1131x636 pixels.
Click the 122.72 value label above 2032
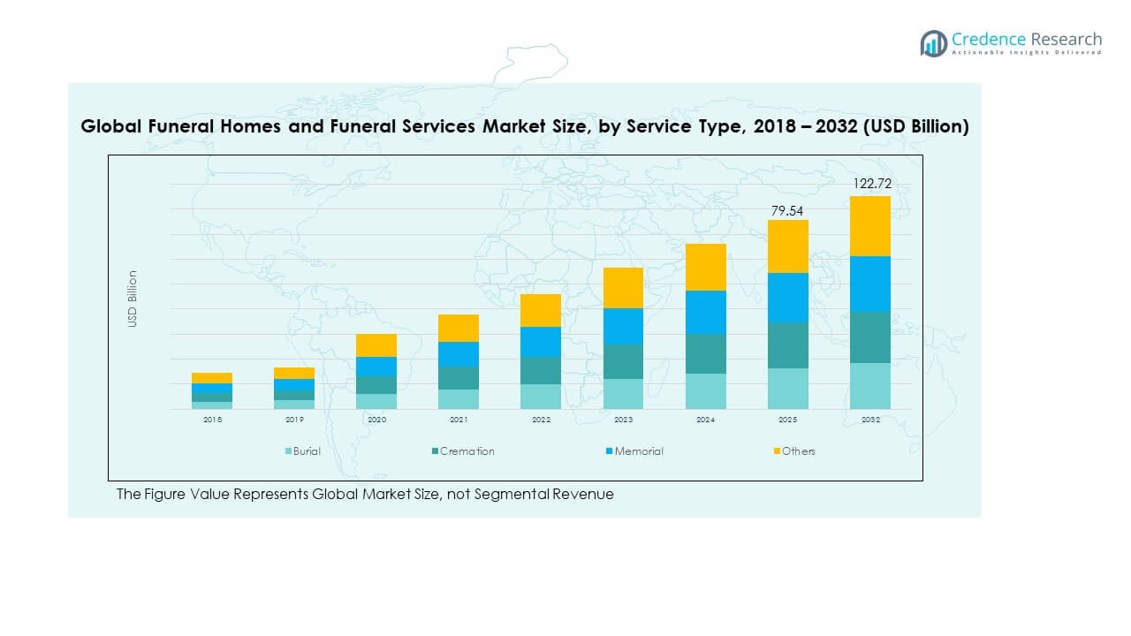(871, 184)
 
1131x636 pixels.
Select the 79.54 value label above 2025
(788, 210)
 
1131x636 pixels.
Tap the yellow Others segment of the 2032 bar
(870, 226)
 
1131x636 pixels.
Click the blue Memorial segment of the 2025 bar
(788, 297)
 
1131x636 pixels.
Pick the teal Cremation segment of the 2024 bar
(706, 353)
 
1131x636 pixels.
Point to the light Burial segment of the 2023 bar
(624, 394)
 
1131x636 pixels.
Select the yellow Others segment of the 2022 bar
(541, 310)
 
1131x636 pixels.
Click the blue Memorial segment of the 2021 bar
(459, 354)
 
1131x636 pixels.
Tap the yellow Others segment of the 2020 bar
(376, 345)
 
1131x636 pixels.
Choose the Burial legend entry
(302, 451)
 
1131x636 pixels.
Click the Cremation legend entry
(463, 451)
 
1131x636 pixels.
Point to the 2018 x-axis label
(212, 420)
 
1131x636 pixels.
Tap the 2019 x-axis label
(294, 420)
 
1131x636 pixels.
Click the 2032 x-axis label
(870, 420)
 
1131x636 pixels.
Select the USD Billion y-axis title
(133, 299)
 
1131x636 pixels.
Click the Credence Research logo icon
(933, 43)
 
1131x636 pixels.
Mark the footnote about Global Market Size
(365, 495)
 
